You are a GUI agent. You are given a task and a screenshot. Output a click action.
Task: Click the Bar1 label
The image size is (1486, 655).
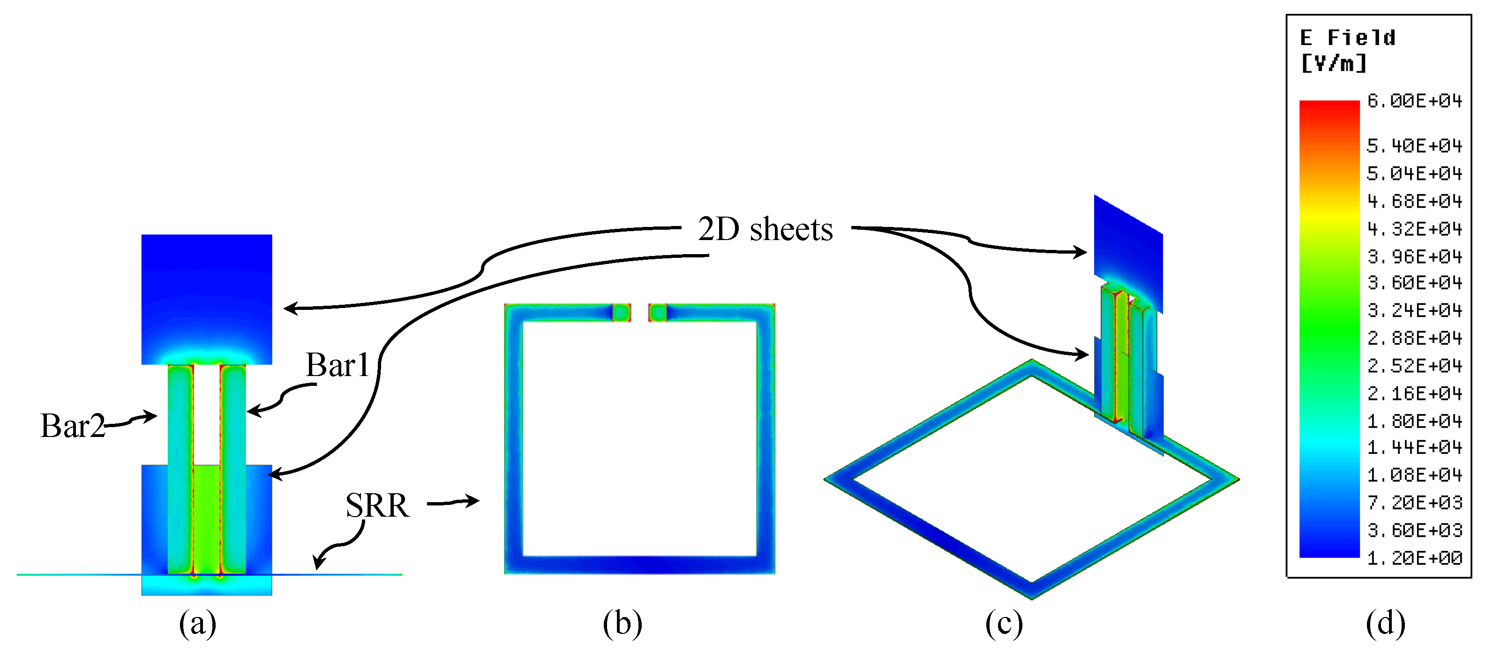coord(338,365)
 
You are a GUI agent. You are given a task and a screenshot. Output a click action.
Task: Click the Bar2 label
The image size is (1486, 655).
coord(72,427)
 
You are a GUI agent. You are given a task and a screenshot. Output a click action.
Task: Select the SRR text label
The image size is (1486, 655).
coord(377,506)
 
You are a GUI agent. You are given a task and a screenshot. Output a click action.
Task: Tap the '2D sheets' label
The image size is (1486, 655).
coord(765,230)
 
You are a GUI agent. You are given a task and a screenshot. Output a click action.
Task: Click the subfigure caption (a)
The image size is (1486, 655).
coord(197,624)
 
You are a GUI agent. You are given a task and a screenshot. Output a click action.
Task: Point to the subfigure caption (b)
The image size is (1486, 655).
coord(622,624)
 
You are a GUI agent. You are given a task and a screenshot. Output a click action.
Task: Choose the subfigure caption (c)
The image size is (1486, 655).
coord(1004,624)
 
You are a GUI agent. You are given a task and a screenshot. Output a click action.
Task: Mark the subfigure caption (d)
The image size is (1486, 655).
coord(1386,624)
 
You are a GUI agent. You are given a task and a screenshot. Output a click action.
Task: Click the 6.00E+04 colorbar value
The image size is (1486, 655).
coord(1414,102)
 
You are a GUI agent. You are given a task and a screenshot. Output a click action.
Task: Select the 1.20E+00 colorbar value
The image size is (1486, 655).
coord(1414,558)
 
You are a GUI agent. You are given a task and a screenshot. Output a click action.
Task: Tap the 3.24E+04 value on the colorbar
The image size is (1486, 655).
coord(1414,311)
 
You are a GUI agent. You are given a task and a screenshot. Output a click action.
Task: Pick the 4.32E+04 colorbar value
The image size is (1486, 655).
coord(1414,229)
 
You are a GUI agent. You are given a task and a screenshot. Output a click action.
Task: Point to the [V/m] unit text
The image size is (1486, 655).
coord(1334,63)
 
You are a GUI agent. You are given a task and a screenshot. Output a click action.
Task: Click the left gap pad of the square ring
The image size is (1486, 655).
coord(621,313)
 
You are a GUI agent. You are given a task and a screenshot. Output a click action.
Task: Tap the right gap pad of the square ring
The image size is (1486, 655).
coord(658,313)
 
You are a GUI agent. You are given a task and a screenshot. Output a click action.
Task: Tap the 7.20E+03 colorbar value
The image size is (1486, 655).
coord(1414,503)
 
